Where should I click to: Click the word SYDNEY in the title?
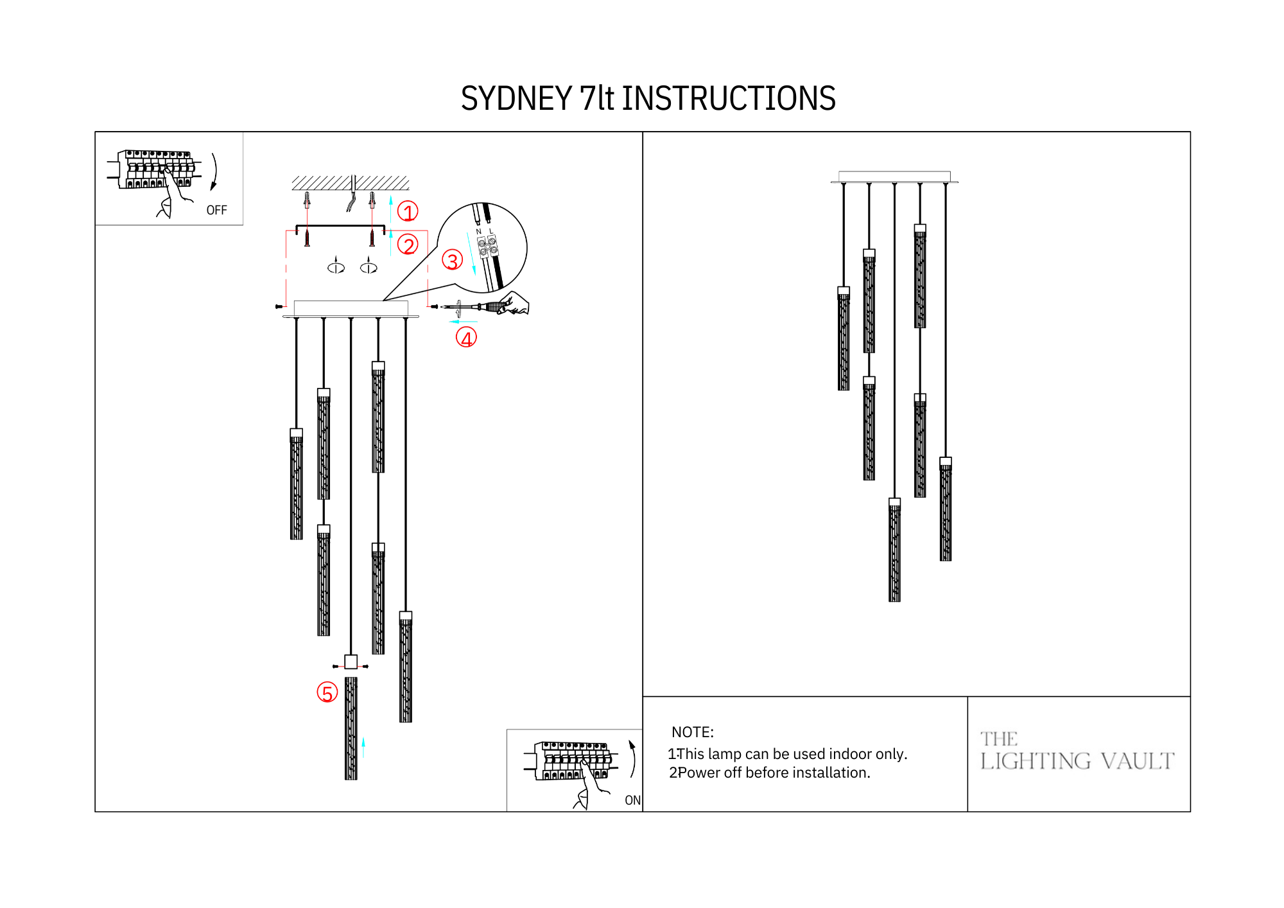pos(516,99)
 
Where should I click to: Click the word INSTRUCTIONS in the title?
pos(728,99)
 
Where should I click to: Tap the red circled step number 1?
pos(408,211)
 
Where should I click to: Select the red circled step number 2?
pos(408,245)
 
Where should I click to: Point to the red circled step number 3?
pos(453,260)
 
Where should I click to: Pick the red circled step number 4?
pos(466,338)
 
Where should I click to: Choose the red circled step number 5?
pos(327,693)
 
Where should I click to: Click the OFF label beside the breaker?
pos(216,211)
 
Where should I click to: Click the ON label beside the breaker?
pos(632,800)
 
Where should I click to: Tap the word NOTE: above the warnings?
pos(692,732)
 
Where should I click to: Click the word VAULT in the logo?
pos(1137,762)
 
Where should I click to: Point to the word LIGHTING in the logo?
pos(1036,762)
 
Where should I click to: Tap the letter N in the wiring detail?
pos(478,232)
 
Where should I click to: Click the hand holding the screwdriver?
pos(516,303)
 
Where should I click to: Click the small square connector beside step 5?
pos(351,661)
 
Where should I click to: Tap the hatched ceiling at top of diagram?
pos(351,183)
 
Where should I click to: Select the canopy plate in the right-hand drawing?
pos(894,177)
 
